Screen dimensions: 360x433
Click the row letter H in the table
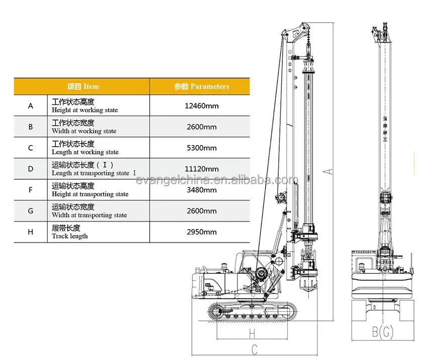31,232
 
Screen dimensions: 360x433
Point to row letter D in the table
31,169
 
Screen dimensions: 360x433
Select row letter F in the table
31,190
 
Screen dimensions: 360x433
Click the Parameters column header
201,86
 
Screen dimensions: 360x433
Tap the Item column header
83,86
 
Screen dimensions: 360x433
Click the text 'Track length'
69,236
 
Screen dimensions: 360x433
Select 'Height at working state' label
84,110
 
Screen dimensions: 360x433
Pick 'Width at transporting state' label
89,215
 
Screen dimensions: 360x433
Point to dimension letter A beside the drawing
329,171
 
